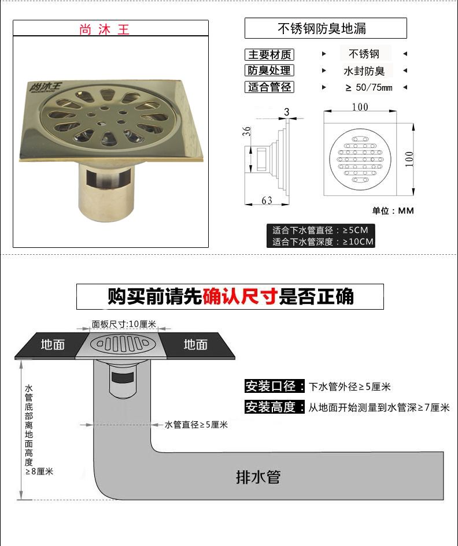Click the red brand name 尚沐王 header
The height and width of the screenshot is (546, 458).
(x=104, y=29)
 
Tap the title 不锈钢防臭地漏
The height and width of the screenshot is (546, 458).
(x=322, y=28)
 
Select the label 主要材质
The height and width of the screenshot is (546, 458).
(x=269, y=55)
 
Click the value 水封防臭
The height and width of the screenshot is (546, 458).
(x=364, y=71)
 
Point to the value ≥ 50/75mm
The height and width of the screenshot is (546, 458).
(x=369, y=87)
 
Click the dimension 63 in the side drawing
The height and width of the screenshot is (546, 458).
(x=267, y=200)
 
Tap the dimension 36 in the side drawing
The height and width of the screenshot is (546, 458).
(x=246, y=131)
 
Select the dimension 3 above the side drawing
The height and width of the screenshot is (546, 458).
(x=286, y=112)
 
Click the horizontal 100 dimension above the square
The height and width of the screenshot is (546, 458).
(x=360, y=107)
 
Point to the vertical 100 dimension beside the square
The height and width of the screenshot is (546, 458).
(x=409, y=159)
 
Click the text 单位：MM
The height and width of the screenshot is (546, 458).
(x=393, y=211)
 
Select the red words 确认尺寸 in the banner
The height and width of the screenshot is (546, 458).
(x=240, y=296)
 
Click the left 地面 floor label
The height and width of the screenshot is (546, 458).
(x=53, y=344)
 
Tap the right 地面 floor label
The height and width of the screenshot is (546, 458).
(x=195, y=344)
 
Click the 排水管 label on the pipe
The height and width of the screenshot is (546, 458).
(x=258, y=477)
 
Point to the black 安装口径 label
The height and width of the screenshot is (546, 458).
(x=274, y=386)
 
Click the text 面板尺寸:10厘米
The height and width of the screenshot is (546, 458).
(x=124, y=324)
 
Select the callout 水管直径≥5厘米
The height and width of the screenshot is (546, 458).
(x=196, y=425)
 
